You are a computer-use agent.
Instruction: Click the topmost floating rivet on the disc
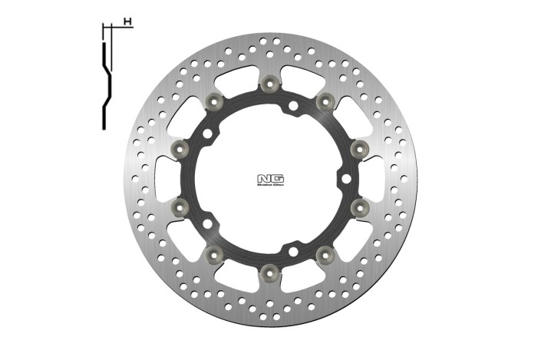point(269,83)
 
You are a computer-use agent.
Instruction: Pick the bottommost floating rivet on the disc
point(269,271)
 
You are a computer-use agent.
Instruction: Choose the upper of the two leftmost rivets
point(180,147)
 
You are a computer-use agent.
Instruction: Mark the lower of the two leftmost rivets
point(180,206)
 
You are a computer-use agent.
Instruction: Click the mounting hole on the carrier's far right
point(345,178)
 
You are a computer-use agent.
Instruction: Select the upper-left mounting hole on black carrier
point(208,134)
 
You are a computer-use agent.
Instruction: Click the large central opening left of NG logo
point(226,178)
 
